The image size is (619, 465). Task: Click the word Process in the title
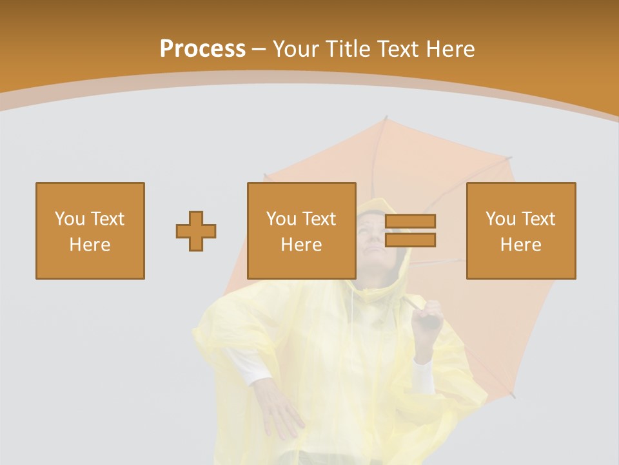(x=202, y=49)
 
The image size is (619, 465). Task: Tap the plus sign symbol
(x=196, y=231)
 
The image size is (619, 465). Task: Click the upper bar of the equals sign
(x=410, y=221)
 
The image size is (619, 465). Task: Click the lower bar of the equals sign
(x=410, y=240)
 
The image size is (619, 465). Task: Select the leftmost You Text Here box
(x=90, y=231)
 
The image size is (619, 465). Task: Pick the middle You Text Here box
(x=302, y=231)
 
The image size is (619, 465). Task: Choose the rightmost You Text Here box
(x=521, y=231)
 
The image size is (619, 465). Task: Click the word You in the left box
(x=70, y=219)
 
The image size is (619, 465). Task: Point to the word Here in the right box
(x=521, y=245)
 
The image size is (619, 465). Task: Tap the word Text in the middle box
(x=319, y=219)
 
